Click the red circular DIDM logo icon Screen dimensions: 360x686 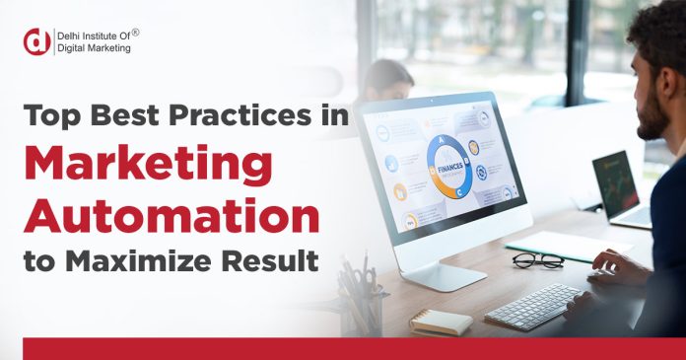click(x=36, y=40)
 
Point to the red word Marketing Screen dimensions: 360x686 click(x=146, y=165)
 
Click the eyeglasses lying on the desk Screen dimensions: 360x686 click(x=537, y=260)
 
